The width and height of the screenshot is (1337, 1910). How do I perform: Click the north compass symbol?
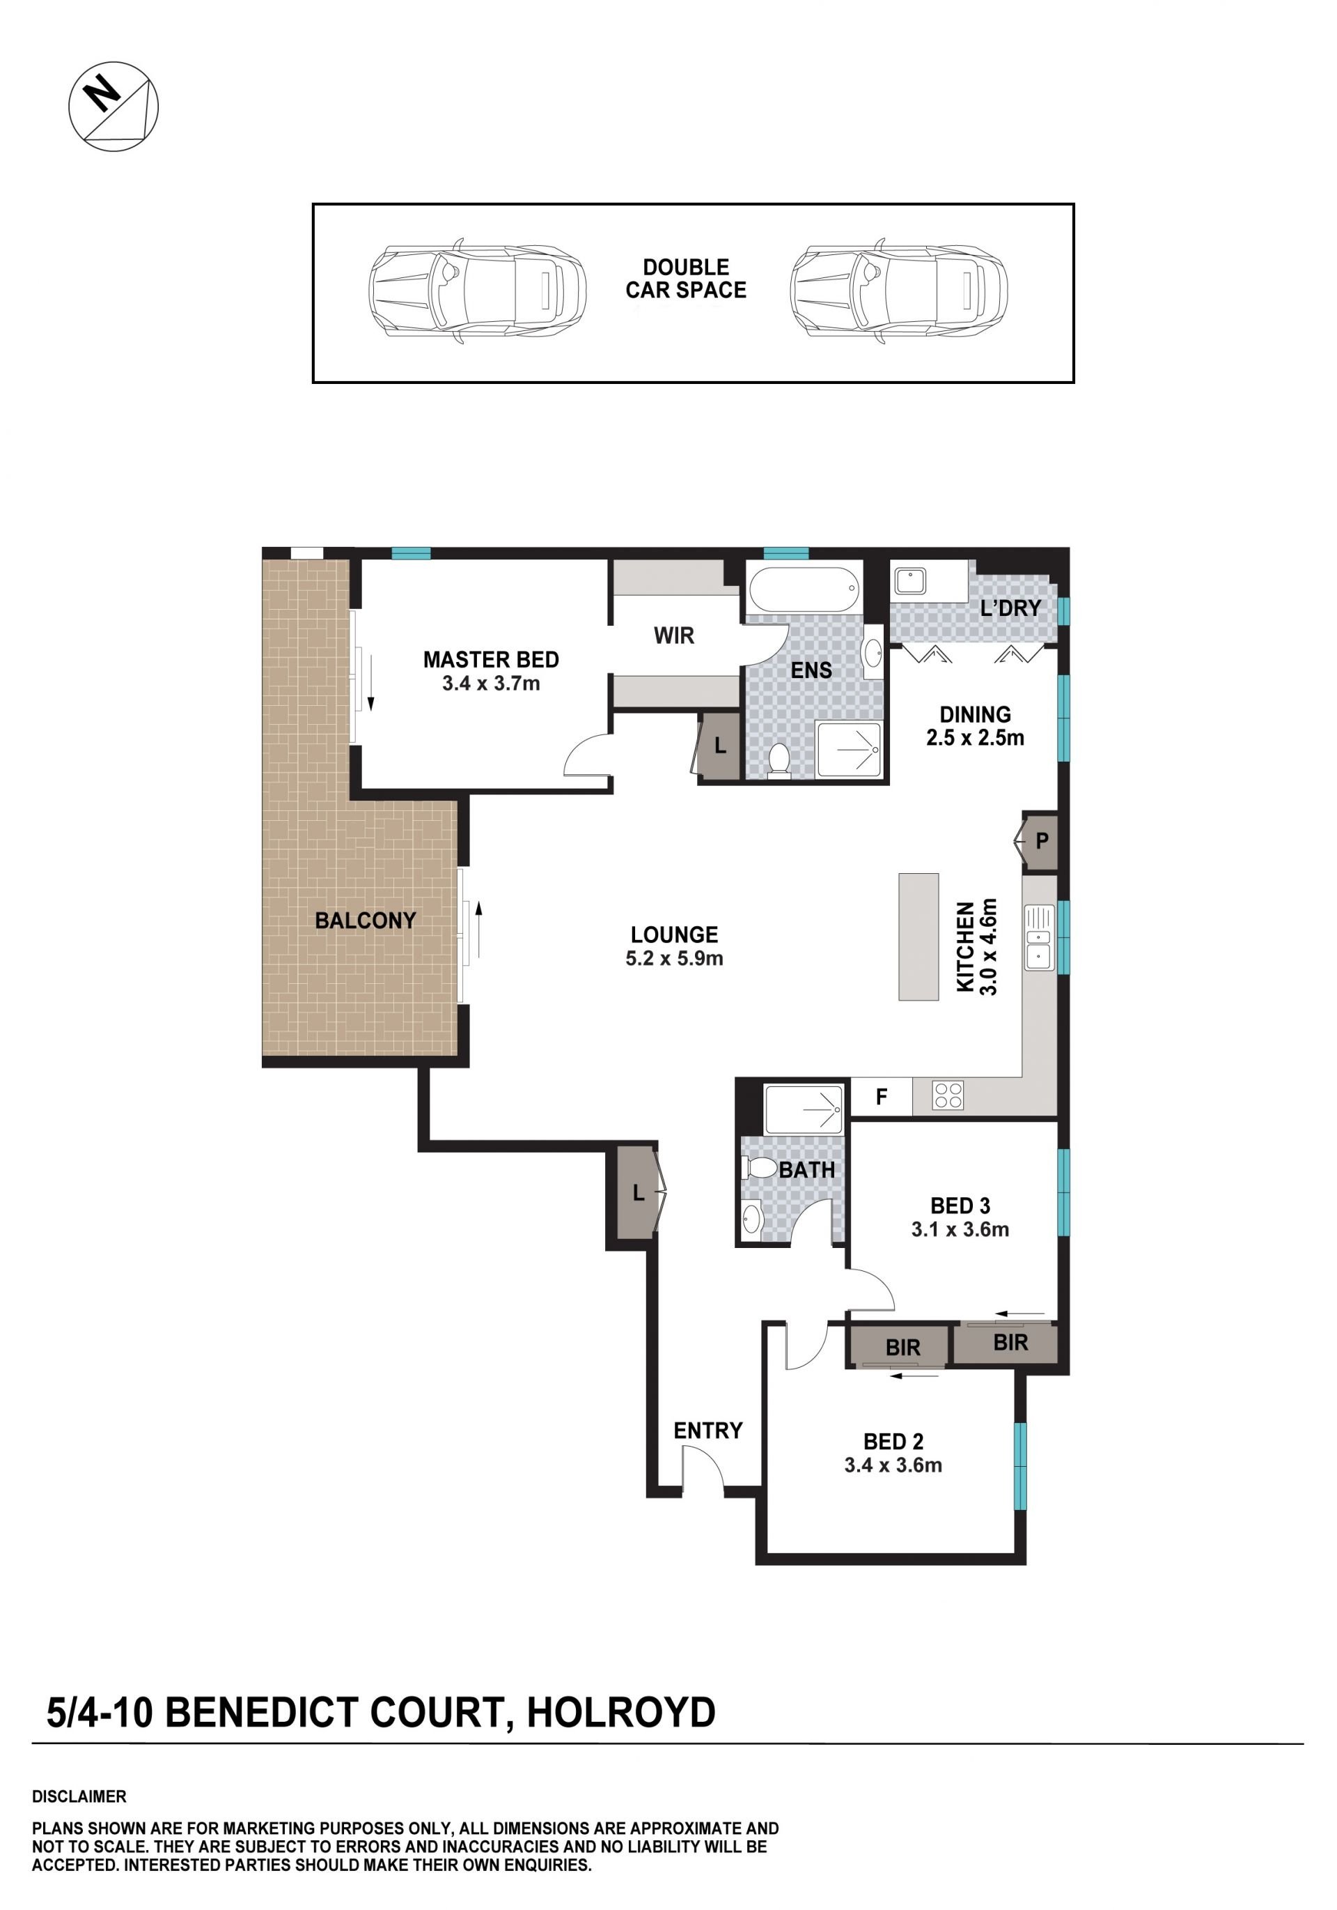(113, 107)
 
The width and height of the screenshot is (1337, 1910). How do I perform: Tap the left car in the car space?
(477, 292)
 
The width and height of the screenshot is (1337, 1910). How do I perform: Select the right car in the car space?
(898, 292)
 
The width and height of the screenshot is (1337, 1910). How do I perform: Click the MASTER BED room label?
(490, 660)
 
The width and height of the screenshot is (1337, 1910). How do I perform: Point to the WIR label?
(673, 636)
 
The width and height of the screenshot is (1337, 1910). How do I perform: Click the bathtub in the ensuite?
(803, 589)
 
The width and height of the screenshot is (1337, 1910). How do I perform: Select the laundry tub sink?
(909, 580)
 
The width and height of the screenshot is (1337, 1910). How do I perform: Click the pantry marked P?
(1040, 841)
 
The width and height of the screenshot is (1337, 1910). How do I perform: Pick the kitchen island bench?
(918, 936)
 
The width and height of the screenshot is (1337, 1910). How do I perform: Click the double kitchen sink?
(1038, 937)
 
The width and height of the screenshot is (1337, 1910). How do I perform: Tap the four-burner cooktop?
(948, 1095)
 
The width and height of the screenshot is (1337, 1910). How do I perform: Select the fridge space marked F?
(882, 1096)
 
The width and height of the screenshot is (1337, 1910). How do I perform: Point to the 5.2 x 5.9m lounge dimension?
(674, 958)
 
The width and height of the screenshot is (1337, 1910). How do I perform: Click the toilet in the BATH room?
(758, 1167)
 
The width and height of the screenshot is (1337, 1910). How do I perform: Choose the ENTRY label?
(707, 1430)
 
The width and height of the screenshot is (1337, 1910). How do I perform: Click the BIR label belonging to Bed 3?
(1010, 1342)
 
